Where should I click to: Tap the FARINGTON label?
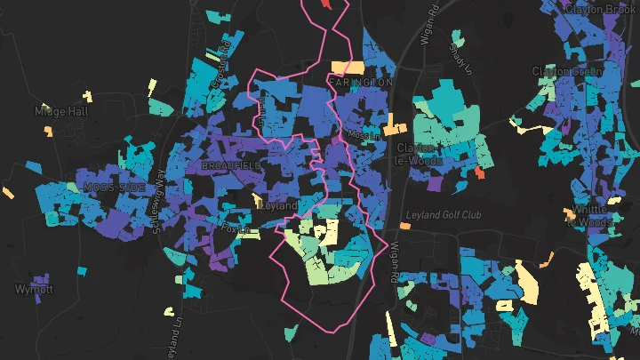point(360,82)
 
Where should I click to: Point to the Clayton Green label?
point(567,70)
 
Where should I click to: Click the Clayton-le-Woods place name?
point(416,154)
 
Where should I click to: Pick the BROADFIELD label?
point(231,166)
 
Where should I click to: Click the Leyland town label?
point(278,204)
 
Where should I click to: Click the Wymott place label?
point(34,290)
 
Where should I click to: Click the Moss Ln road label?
point(364,136)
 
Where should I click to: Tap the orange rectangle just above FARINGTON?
point(348,68)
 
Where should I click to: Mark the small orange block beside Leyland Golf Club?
point(404,226)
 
